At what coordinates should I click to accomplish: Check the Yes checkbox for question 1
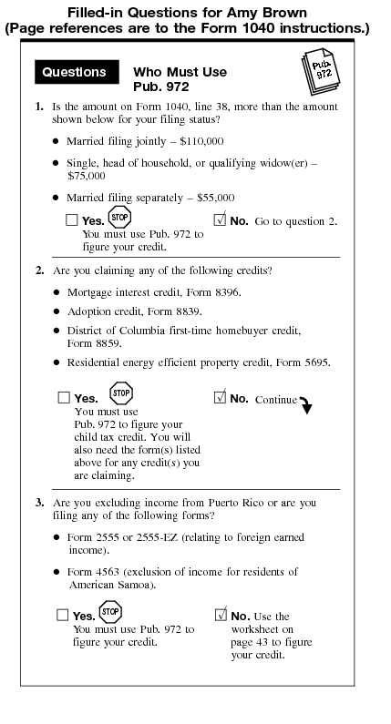(x=72, y=220)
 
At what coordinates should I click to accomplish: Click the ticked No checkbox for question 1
(x=220, y=219)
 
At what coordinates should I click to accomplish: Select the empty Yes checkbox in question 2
(x=64, y=398)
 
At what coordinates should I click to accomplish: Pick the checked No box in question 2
(x=220, y=398)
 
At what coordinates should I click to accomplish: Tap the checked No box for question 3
(x=220, y=615)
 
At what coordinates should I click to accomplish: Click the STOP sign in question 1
(x=119, y=218)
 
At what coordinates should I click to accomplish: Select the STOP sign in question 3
(x=109, y=612)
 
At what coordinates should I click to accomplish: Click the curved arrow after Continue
(x=305, y=405)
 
